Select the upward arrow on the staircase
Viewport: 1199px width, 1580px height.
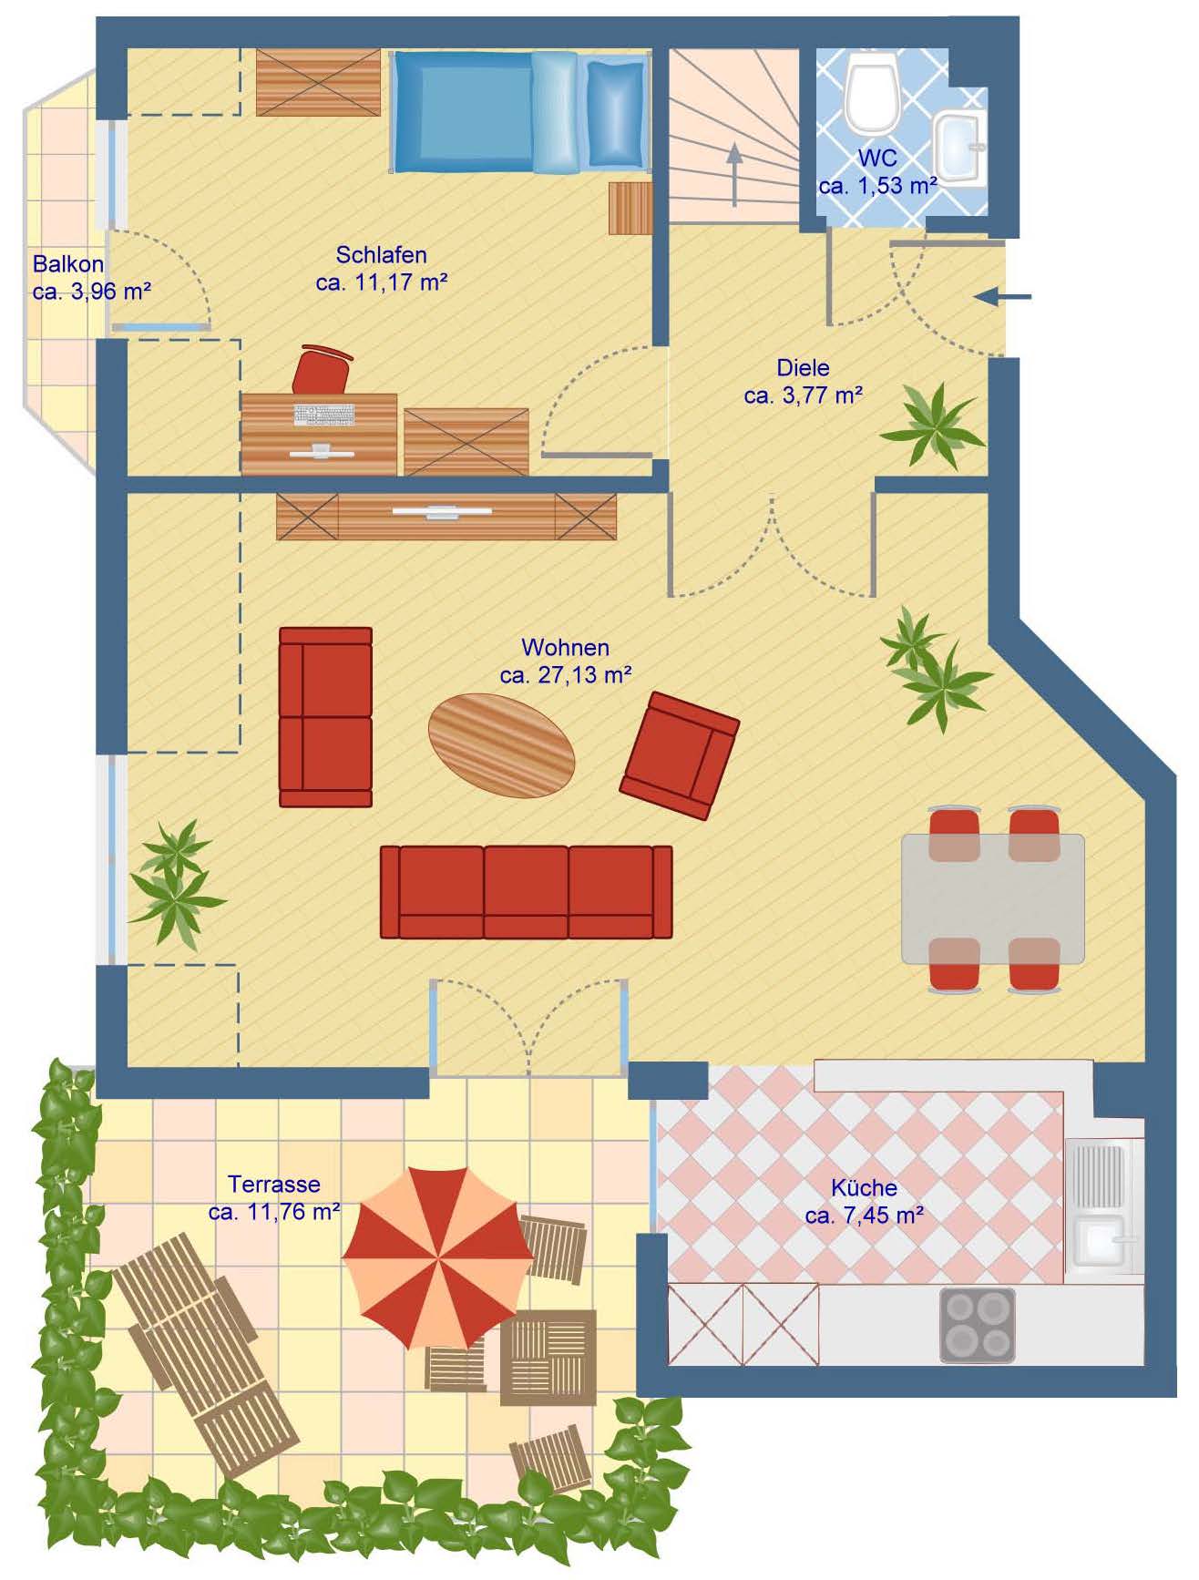point(734,175)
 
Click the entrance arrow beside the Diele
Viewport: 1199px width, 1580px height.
point(1002,296)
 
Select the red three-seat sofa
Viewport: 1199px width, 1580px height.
point(526,892)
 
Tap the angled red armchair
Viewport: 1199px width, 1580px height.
point(680,755)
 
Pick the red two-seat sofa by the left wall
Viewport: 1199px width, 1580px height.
point(325,716)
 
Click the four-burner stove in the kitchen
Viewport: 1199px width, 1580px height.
point(978,1325)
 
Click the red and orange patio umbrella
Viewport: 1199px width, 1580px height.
point(438,1257)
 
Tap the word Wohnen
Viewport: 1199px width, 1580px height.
point(565,648)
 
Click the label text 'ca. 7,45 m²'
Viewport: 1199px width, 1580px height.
point(865,1216)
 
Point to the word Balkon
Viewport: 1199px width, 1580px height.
point(68,264)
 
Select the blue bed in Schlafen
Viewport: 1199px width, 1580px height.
point(520,111)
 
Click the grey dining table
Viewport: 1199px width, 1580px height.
point(993,898)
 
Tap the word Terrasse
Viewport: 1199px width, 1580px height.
point(273,1185)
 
